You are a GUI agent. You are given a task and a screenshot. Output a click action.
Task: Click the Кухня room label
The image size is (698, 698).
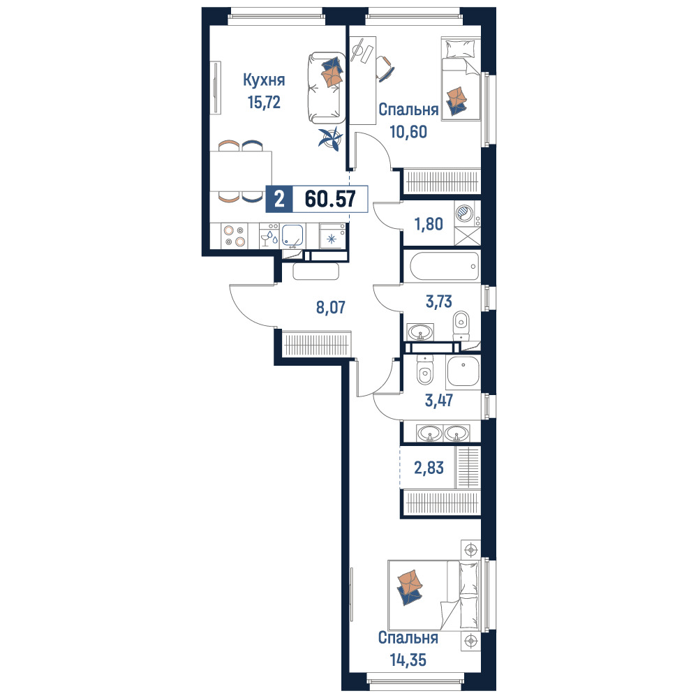pyautogui.click(x=264, y=80)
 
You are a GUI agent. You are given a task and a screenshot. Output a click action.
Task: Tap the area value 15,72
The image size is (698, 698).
pyautogui.click(x=264, y=103)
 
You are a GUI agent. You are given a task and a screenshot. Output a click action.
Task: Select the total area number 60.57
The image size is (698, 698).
pyautogui.click(x=330, y=198)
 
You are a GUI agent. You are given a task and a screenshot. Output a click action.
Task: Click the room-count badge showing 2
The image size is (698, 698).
pyautogui.click(x=279, y=198)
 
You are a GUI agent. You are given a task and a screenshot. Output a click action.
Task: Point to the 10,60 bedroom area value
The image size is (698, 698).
pyautogui.click(x=408, y=132)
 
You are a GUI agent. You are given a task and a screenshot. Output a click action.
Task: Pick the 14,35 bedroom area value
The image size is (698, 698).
pyautogui.click(x=408, y=660)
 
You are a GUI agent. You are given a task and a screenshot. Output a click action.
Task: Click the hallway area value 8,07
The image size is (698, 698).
pyautogui.click(x=330, y=307)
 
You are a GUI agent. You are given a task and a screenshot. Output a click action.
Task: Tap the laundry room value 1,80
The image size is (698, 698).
pyautogui.click(x=429, y=224)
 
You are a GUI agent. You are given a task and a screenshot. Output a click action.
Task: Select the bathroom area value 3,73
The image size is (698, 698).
pyautogui.click(x=439, y=302)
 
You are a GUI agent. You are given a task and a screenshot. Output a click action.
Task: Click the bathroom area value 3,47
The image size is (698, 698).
pyautogui.click(x=439, y=400)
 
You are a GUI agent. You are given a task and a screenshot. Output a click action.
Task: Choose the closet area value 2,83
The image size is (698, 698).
pyautogui.click(x=429, y=468)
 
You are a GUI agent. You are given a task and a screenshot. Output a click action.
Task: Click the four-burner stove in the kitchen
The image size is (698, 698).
pyautogui.click(x=235, y=236)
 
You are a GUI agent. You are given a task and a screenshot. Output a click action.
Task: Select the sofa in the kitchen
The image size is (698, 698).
pyautogui.click(x=326, y=88)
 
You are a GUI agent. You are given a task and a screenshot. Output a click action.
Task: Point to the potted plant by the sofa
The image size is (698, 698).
pyautogui.click(x=330, y=138)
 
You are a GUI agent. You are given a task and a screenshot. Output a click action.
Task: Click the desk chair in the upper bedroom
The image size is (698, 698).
pyautogui.click(x=385, y=68)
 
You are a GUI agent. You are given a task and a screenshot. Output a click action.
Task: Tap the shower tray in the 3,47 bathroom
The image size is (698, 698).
pyautogui.click(x=463, y=371)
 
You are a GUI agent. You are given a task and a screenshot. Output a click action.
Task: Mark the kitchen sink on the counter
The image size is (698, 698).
pyautogui.click(x=292, y=235)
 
